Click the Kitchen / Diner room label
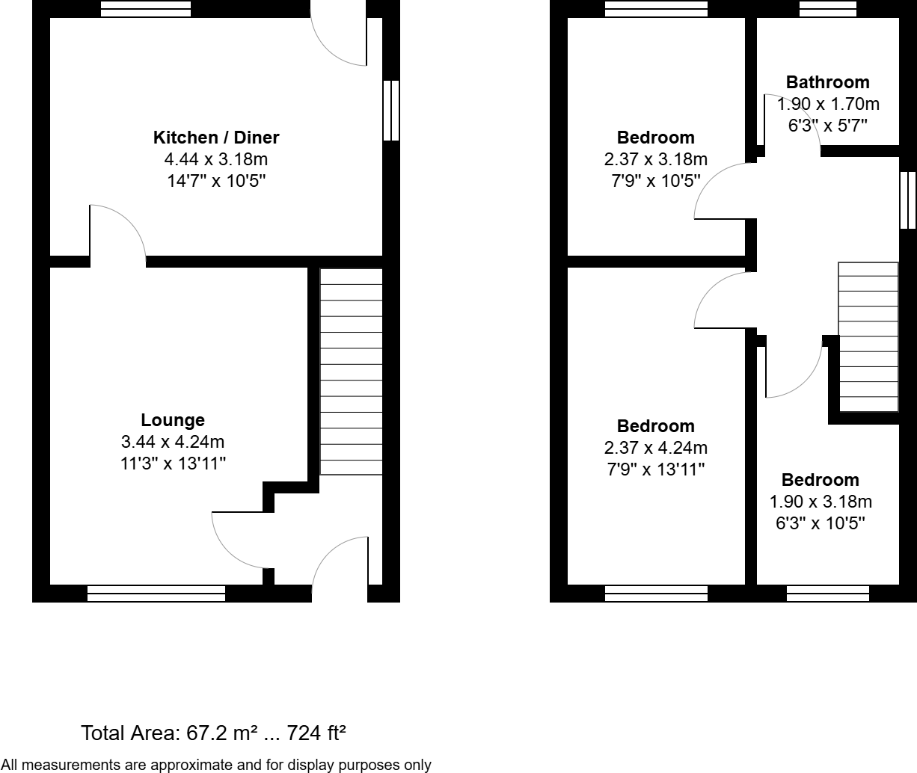215,138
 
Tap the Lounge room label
173,420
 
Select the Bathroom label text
827,82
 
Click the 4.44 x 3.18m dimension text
215,159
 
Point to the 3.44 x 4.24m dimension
173,442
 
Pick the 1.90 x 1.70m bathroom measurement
827,104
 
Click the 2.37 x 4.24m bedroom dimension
655,448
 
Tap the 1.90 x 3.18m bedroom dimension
821,502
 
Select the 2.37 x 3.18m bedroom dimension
655,159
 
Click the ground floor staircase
351,372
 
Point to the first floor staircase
868,336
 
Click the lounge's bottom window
156,594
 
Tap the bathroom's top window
827,9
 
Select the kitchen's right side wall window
390,111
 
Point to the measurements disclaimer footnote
216,765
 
